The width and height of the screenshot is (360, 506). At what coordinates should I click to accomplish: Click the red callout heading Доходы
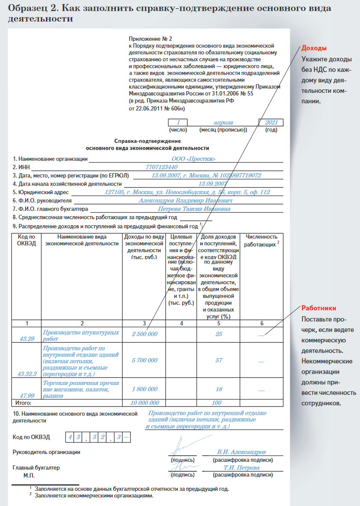(x=314, y=48)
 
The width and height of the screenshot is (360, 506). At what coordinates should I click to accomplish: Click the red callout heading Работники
(x=319, y=309)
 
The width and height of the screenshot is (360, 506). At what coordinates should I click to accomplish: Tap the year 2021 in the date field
(x=271, y=123)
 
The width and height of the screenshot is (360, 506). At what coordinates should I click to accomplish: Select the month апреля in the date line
(x=223, y=123)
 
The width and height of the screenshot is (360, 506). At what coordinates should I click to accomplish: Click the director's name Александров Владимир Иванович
(x=186, y=201)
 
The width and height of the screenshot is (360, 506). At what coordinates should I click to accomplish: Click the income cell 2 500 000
(x=144, y=334)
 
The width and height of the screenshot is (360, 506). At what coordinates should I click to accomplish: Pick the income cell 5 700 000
(x=144, y=361)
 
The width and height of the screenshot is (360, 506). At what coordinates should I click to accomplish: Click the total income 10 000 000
(x=144, y=403)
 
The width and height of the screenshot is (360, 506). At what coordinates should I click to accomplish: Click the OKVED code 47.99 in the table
(x=27, y=395)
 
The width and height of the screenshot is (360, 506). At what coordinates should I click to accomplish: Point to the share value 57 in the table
(x=219, y=361)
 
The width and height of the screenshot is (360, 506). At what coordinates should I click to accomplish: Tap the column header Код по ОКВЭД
(x=26, y=240)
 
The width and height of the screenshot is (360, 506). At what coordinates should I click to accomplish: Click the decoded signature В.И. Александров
(x=242, y=452)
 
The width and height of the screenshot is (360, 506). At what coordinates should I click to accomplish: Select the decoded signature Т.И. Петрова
(x=242, y=468)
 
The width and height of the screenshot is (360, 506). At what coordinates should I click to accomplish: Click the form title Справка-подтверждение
(x=147, y=141)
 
